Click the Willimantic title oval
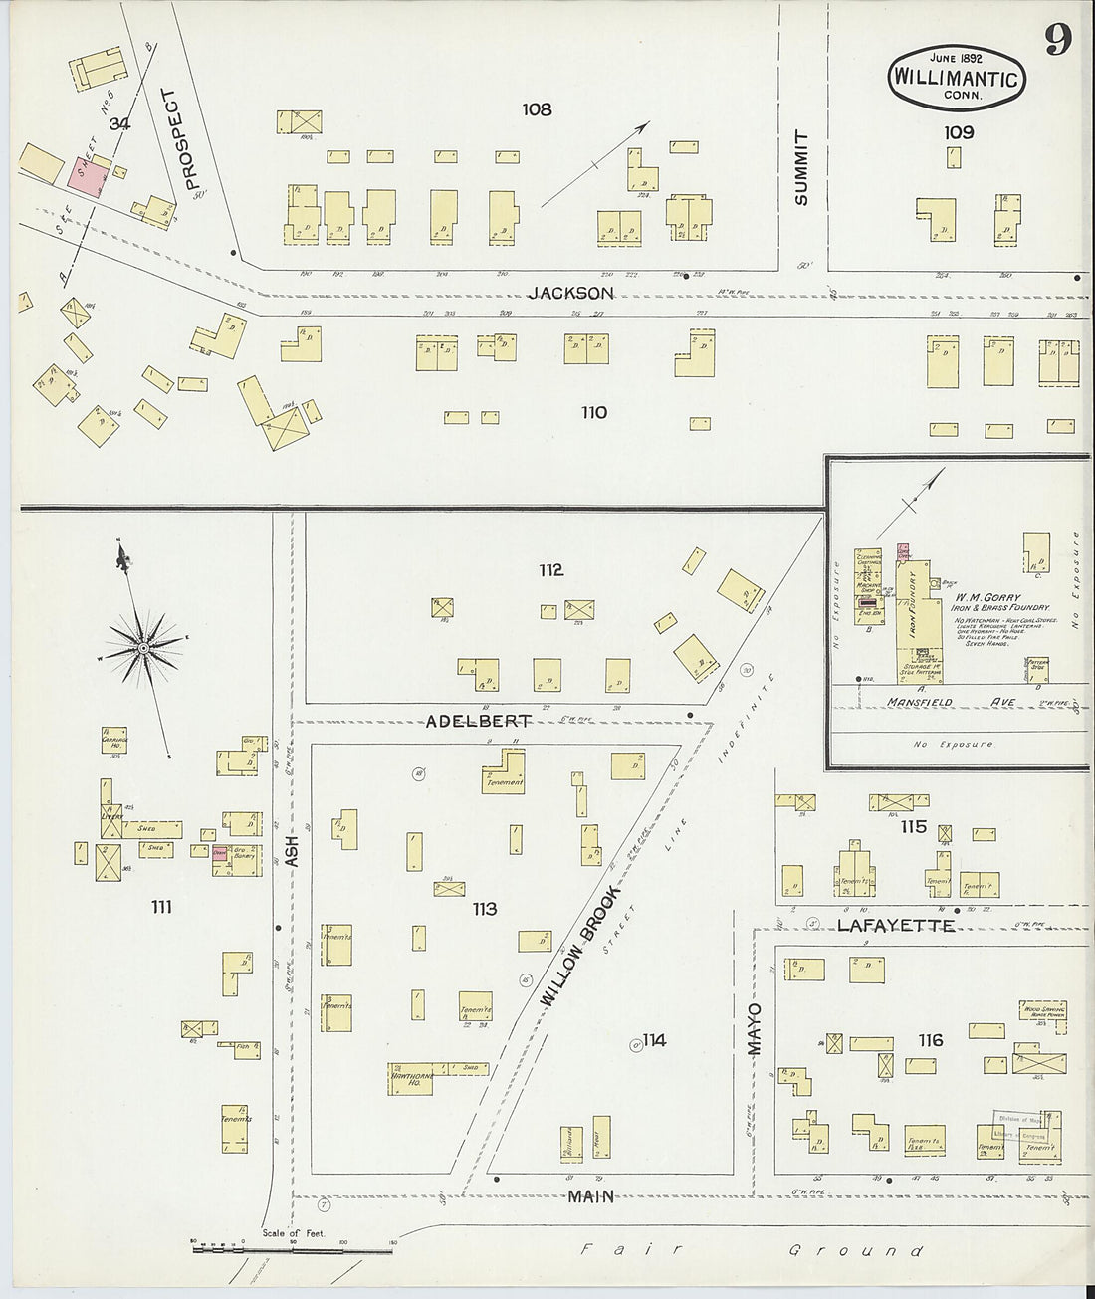(955, 76)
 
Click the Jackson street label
(570, 293)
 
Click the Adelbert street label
(478, 720)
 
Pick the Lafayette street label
(895, 925)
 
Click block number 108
(537, 109)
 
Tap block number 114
(654, 1040)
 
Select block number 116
(930, 1040)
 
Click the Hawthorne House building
(410, 1077)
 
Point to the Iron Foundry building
(913, 608)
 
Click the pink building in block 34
(89, 176)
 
